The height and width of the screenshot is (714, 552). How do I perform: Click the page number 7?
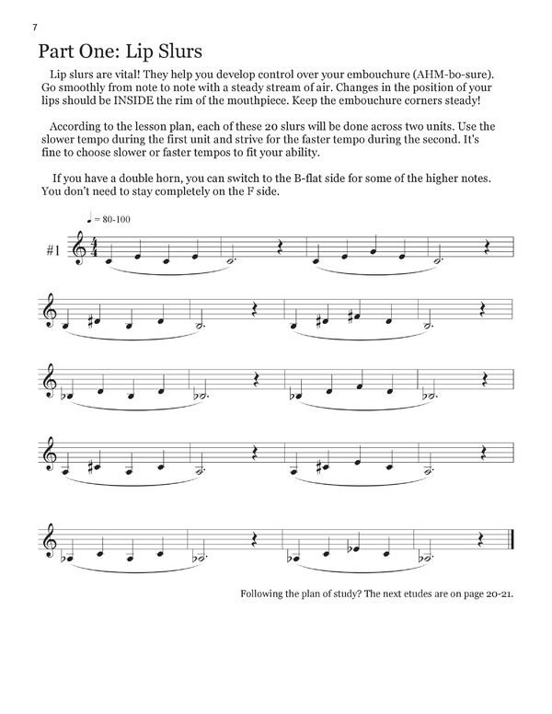pyautogui.click(x=35, y=28)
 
